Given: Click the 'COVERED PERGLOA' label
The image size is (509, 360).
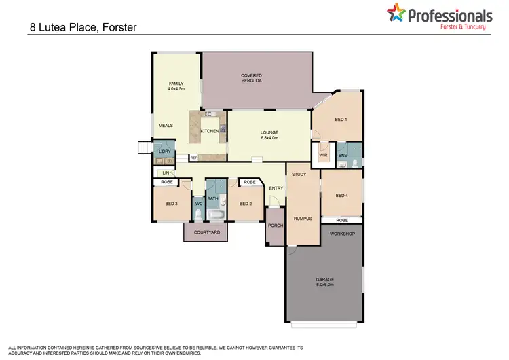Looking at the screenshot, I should tap(251, 78).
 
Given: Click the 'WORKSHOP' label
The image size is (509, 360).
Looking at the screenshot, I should tap(342, 233).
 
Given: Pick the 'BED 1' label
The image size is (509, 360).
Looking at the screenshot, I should tap(341, 119).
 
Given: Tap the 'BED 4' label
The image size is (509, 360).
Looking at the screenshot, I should tap(342, 196).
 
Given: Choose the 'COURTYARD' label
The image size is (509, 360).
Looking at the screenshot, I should tap(206, 232).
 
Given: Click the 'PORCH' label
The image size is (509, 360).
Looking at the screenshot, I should tap(275, 226).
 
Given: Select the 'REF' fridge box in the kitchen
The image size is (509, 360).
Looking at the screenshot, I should tap(193, 158).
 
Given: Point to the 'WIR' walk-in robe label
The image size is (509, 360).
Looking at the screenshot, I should tap(324, 155).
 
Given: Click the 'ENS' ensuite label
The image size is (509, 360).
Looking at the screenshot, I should tap(343, 155).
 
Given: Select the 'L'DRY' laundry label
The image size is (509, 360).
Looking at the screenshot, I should tap(164, 151).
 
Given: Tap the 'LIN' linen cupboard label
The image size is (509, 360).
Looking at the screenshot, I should tap(165, 173).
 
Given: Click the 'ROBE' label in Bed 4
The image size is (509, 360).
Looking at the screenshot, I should tap(341, 221).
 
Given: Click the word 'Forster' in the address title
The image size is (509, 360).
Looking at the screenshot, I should tap(121, 28).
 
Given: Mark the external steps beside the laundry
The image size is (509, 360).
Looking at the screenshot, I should tap(145, 147).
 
